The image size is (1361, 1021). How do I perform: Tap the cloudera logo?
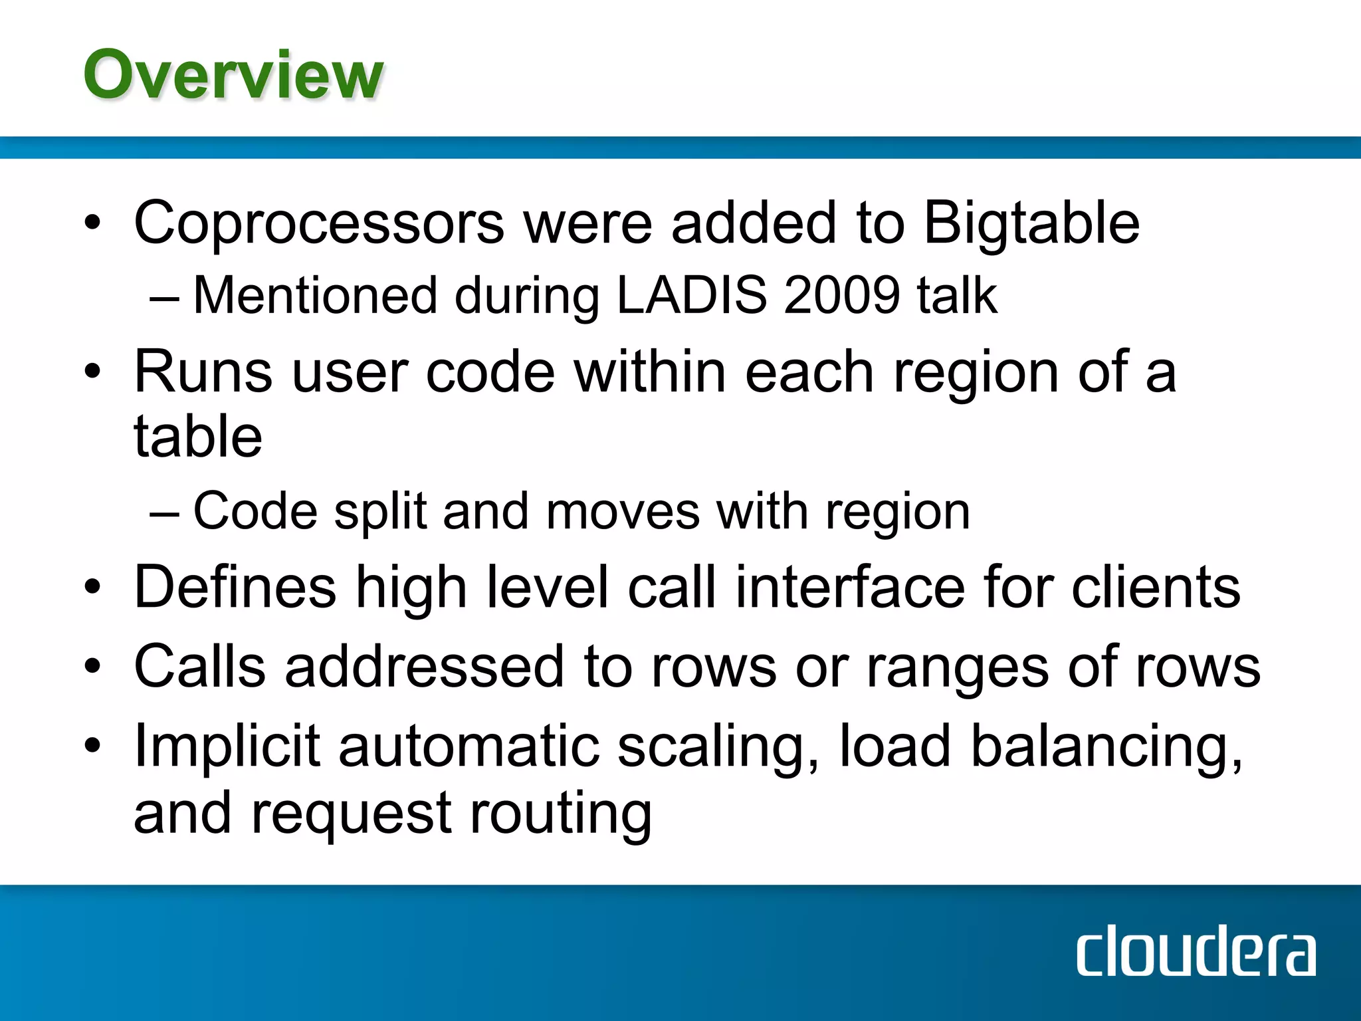pyautogui.click(x=1196, y=951)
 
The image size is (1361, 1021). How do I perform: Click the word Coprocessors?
pyautogui.click(x=319, y=223)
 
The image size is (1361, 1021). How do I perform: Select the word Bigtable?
pyautogui.click(x=1031, y=223)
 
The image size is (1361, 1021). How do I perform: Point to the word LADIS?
pyautogui.click(x=692, y=294)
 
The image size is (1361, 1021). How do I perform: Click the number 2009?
pyautogui.click(x=841, y=294)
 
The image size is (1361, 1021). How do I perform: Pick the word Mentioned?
pyautogui.click(x=315, y=294)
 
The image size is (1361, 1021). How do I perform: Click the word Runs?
pyautogui.click(x=203, y=372)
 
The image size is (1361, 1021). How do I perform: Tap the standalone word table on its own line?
pyautogui.click(x=198, y=437)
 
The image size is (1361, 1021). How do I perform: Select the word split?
pyautogui.click(x=379, y=512)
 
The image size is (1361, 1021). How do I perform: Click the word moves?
pyautogui.click(x=623, y=512)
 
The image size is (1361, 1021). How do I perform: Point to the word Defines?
pyautogui.click(x=235, y=587)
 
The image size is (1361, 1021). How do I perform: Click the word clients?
pyautogui.click(x=1156, y=587)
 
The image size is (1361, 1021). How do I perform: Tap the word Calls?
pyautogui.click(x=200, y=667)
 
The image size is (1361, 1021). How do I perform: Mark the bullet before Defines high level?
pyautogui.click(x=92, y=587)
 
